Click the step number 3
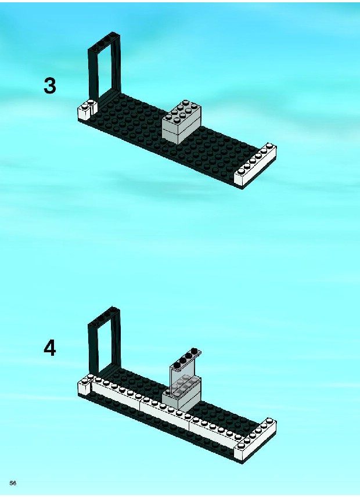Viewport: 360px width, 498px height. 49,86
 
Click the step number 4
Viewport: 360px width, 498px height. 49,348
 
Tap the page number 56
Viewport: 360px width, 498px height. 13,483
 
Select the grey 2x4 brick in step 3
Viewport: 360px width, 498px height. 181,122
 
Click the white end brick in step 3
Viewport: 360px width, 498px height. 255,165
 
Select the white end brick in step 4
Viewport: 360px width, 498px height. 255,440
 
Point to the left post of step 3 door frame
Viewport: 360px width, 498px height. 93,76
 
